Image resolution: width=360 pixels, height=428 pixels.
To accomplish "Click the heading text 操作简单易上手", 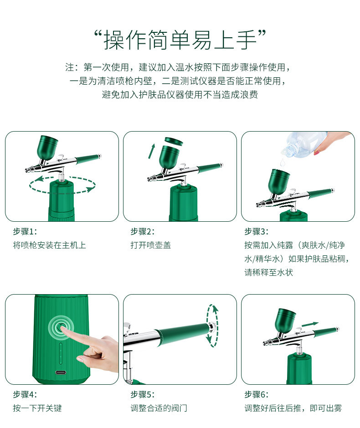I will pyautogui.click(x=180, y=40).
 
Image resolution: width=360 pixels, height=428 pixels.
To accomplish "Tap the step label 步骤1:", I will pyautogui.click(x=25, y=231).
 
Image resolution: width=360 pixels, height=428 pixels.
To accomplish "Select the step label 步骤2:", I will pyautogui.click(x=143, y=231).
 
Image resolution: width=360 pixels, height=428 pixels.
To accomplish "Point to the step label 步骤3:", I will pyautogui.click(x=257, y=231).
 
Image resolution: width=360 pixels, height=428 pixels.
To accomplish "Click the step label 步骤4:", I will pyautogui.click(x=25, y=394).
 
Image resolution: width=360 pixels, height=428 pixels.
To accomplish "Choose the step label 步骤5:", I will pyautogui.click(x=143, y=394).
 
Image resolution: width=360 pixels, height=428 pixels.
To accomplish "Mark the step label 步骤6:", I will pyautogui.click(x=257, y=394).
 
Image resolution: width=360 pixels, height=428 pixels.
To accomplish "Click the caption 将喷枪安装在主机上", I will pyautogui.click(x=49, y=245).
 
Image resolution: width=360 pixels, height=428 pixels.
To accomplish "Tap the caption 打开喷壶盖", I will pyautogui.click(x=151, y=245).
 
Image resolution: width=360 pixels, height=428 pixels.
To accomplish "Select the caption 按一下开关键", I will pyautogui.click(x=37, y=408).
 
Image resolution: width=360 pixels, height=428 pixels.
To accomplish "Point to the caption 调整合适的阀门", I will pyautogui.click(x=159, y=408).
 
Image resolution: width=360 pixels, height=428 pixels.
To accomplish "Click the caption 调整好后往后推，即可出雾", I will pyautogui.click(x=293, y=408).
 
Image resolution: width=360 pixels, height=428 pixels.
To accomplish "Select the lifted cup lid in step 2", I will pyautogui.click(x=174, y=141).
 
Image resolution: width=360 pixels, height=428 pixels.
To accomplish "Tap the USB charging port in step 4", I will pyautogui.click(x=60, y=372).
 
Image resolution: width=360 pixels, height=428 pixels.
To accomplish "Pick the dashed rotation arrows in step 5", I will pyautogui.click(x=212, y=324).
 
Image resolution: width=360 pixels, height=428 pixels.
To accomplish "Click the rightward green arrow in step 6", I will pyautogui.click(x=310, y=324).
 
